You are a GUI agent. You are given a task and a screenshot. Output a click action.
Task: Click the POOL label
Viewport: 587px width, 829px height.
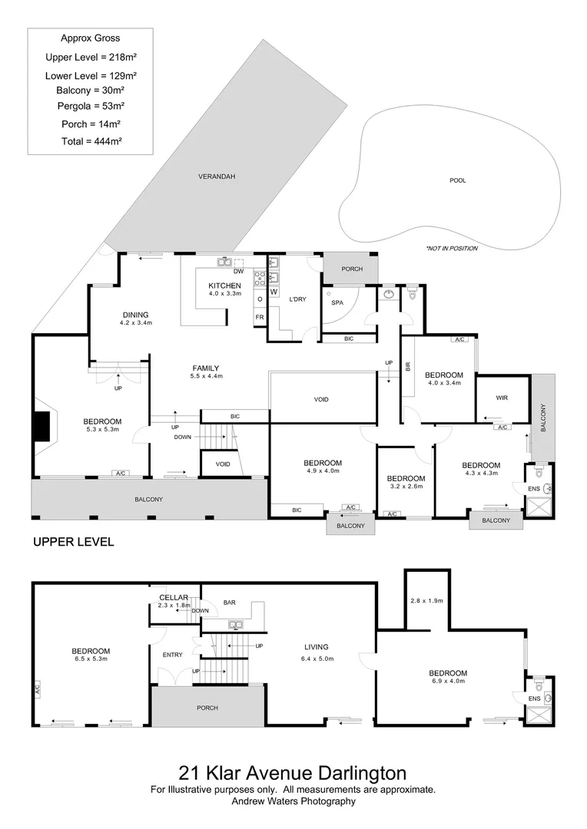[x=458, y=180]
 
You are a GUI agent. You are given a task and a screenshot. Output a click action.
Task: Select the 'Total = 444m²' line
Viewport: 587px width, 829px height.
[x=91, y=141]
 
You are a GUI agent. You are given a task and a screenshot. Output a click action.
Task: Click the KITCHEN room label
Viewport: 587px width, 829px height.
[x=224, y=286]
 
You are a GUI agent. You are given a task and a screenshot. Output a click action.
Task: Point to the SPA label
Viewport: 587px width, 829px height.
[x=337, y=303]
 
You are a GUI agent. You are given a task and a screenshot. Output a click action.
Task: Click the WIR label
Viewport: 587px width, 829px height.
[x=502, y=398]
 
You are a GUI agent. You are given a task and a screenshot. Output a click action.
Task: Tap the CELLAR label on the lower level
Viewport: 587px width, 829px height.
[x=173, y=597]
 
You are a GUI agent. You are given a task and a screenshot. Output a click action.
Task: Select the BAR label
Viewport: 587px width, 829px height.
[x=229, y=603]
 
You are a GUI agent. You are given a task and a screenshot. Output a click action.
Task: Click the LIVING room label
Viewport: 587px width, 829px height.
[x=316, y=647]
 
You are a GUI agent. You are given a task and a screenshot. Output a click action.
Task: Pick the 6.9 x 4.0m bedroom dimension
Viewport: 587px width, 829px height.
[x=447, y=682]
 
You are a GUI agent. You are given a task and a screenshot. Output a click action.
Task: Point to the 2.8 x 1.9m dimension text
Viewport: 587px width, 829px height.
[x=426, y=600]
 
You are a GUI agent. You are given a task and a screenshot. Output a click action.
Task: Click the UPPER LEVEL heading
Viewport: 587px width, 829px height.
[x=73, y=542]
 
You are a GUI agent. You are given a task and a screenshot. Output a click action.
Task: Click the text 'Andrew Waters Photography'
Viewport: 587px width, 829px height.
[x=293, y=801]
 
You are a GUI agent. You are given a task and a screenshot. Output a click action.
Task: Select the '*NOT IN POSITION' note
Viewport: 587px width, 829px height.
[x=451, y=249]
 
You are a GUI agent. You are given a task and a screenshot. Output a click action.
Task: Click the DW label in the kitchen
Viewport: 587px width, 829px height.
[x=238, y=271]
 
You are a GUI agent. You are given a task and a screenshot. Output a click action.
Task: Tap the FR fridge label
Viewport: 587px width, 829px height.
[x=259, y=317]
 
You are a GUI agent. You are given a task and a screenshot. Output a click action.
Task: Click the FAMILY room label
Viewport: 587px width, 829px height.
[x=206, y=368]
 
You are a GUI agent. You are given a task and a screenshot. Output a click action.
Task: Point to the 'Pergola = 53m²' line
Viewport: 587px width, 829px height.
[x=91, y=105]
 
